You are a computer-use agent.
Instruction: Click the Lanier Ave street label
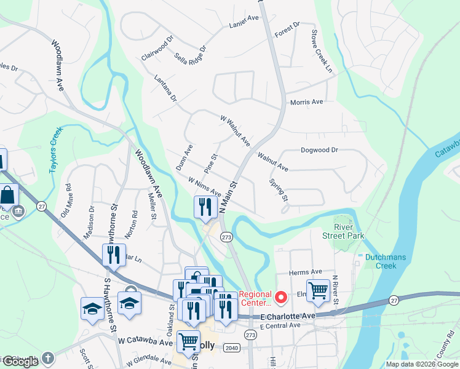[244, 20]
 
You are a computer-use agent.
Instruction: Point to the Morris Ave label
[306, 102]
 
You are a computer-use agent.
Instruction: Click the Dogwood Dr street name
[319, 149]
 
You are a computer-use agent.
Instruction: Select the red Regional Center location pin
[281, 298]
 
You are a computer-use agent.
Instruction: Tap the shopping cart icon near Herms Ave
[318, 290]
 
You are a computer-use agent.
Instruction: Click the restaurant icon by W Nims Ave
[204, 206]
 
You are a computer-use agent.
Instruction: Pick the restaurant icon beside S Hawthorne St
[113, 254]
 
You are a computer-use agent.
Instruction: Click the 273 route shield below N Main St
[226, 236]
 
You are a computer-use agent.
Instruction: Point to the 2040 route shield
[231, 346]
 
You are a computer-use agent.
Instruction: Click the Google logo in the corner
[20, 362]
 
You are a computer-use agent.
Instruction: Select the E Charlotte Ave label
[287, 315]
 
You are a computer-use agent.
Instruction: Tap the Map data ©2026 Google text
[421, 364]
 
